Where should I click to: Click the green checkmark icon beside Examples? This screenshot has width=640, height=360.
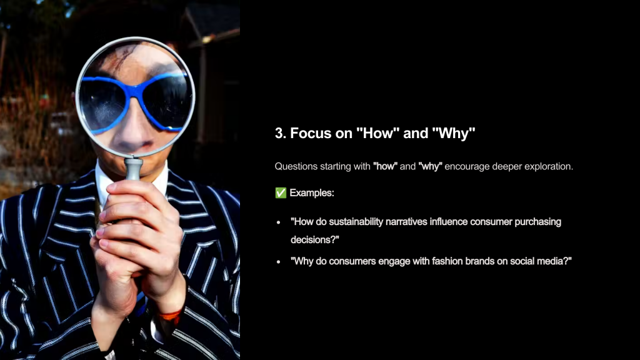pyautogui.click(x=281, y=192)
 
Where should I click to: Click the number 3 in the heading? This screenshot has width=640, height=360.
pyautogui.click(x=279, y=133)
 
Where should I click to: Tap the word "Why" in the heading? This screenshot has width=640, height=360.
pyautogui.click(x=454, y=133)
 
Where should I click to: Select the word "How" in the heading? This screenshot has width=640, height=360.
pyautogui.click(x=377, y=133)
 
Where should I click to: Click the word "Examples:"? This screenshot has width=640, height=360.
pyautogui.click(x=312, y=192)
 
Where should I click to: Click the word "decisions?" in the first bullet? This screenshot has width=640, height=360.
pyautogui.click(x=315, y=239)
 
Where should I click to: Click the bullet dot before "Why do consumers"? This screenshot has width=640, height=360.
pyautogui.click(x=279, y=262)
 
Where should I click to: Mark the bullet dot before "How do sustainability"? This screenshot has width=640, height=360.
pyautogui.click(x=279, y=222)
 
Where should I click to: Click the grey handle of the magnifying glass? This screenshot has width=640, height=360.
pyautogui.click(x=134, y=169)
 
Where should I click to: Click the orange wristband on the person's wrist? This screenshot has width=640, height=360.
pyautogui.click(x=170, y=315)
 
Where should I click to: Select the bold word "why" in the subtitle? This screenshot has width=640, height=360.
pyautogui.click(x=430, y=166)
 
